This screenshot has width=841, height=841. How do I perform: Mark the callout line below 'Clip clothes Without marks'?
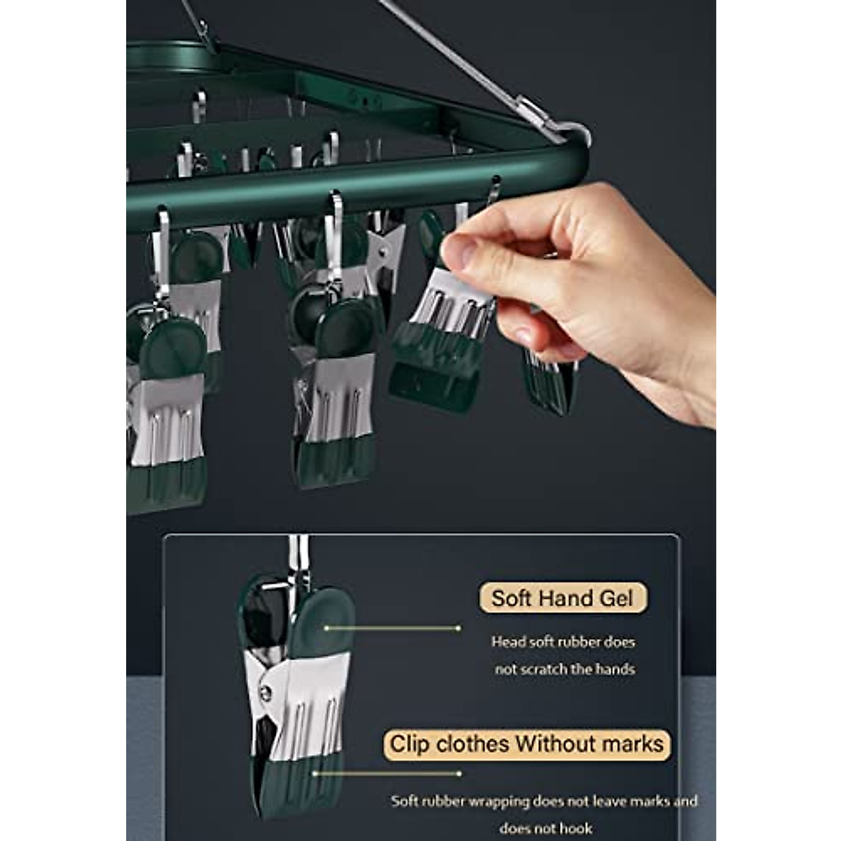pos(385,773)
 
